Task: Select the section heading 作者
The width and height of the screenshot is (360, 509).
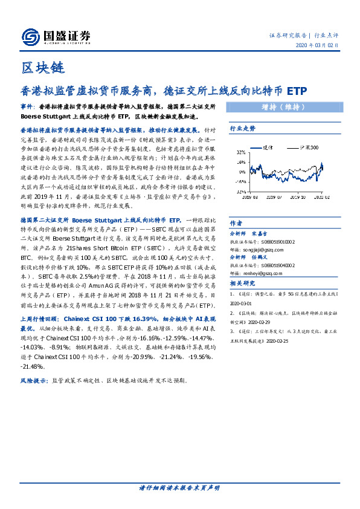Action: click(x=236, y=222)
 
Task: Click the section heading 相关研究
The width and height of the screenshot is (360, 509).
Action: click(x=242, y=283)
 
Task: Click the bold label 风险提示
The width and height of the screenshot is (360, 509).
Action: click(x=34, y=381)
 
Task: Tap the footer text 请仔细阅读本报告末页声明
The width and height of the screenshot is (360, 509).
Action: click(x=179, y=487)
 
